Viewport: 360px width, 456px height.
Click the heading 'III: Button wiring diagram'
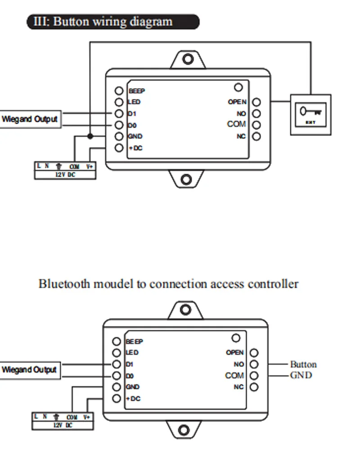coord(112,22)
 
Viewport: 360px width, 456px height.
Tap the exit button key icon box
coord(311,114)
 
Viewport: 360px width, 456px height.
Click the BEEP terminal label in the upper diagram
coord(137,91)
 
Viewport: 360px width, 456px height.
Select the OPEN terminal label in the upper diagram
coord(237,102)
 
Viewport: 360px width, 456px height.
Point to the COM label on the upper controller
coord(237,124)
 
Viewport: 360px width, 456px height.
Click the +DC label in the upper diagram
coord(135,148)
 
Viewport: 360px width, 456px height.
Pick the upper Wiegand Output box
coord(30,119)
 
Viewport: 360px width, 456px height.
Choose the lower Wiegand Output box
coord(30,370)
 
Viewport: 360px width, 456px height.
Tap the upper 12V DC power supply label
coord(65,174)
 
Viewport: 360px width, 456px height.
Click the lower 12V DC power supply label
coord(63,425)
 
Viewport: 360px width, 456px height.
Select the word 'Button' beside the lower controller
coord(303,364)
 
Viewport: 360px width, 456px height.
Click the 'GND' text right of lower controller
coord(301,375)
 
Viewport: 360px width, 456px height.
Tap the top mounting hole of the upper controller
coord(188,59)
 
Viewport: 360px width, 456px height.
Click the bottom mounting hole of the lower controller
coord(184,429)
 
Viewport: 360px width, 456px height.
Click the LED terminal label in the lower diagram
coord(133,353)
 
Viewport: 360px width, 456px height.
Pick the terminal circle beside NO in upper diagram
coord(256,114)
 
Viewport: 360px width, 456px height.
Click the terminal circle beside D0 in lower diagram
coord(117,376)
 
